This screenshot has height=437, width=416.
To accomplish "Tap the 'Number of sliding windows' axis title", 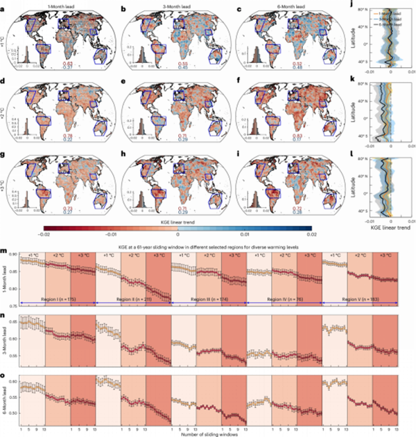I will (x=208, y=433).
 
